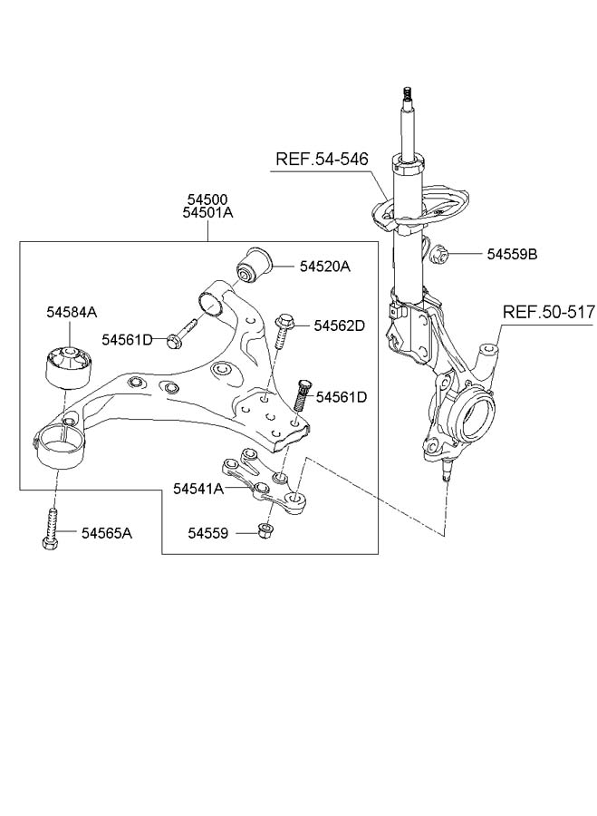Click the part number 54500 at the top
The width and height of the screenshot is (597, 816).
pyautogui.click(x=207, y=199)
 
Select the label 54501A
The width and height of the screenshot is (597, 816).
pyautogui.click(x=207, y=212)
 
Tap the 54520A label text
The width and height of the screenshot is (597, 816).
pyautogui.click(x=324, y=267)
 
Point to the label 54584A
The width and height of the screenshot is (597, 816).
pyautogui.click(x=72, y=312)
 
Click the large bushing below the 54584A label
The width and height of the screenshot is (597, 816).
pyautogui.click(x=66, y=366)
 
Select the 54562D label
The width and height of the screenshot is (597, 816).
pyautogui.click(x=340, y=325)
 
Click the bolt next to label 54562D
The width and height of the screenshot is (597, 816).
pyautogui.click(x=281, y=333)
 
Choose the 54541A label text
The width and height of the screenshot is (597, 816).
pyautogui.click(x=198, y=489)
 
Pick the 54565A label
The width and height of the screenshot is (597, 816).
pyautogui.click(x=107, y=533)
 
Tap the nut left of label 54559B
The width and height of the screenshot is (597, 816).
pyautogui.click(x=439, y=254)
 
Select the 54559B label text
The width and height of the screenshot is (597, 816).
pyautogui.click(x=512, y=255)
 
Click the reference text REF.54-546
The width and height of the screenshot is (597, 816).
pyautogui.click(x=322, y=159)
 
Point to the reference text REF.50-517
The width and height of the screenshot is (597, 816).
pyautogui.click(x=549, y=312)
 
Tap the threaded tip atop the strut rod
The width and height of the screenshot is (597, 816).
pyautogui.click(x=407, y=94)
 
